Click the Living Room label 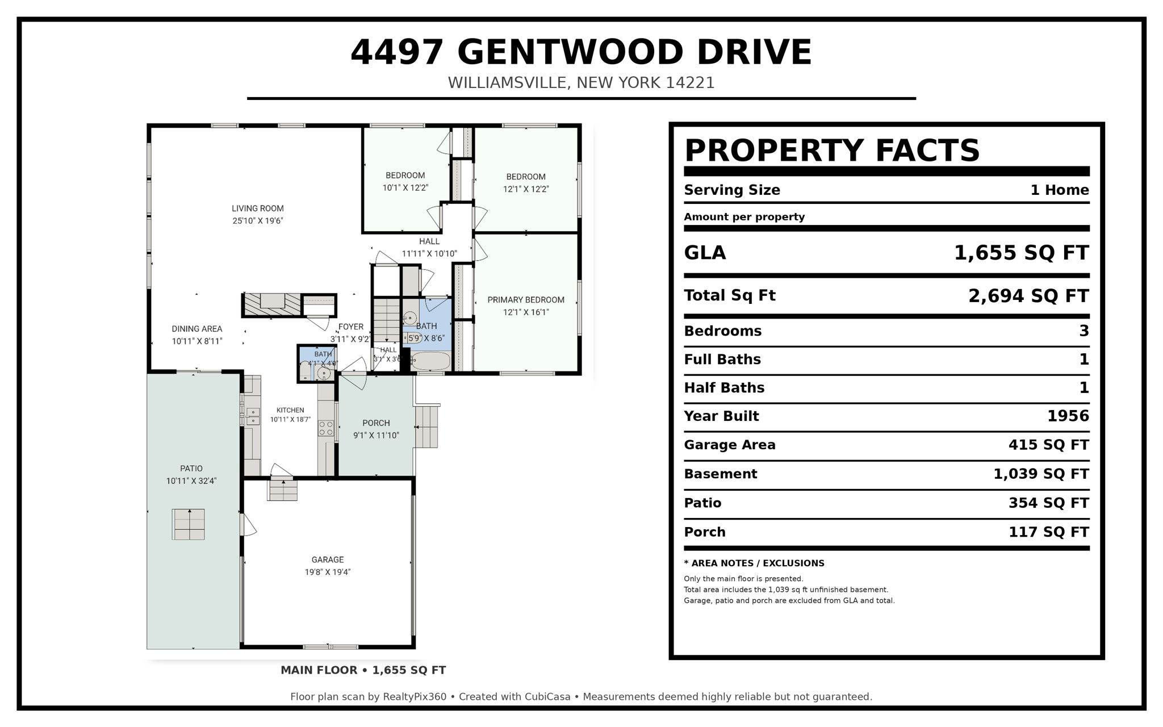click(258, 208)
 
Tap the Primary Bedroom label click(526, 300)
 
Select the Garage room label click(328, 559)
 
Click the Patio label click(191, 469)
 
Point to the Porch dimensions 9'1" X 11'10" click(376, 436)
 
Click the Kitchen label click(290, 410)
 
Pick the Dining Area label click(197, 329)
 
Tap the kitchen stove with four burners click(326, 428)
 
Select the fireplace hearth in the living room click(271, 304)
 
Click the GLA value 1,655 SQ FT click(1021, 253)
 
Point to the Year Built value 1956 click(1068, 416)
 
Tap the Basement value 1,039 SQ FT click(1041, 474)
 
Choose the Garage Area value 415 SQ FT click(1049, 445)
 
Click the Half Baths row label click(724, 388)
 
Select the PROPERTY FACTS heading click(832, 151)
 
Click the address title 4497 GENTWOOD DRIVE click(581, 52)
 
